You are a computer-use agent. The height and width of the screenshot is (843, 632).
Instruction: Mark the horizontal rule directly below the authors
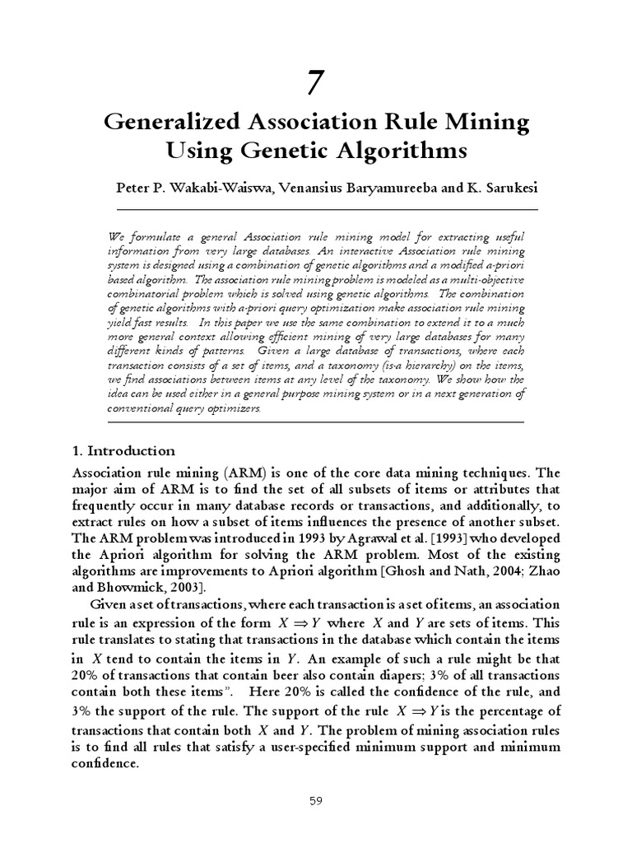[316, 209]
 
